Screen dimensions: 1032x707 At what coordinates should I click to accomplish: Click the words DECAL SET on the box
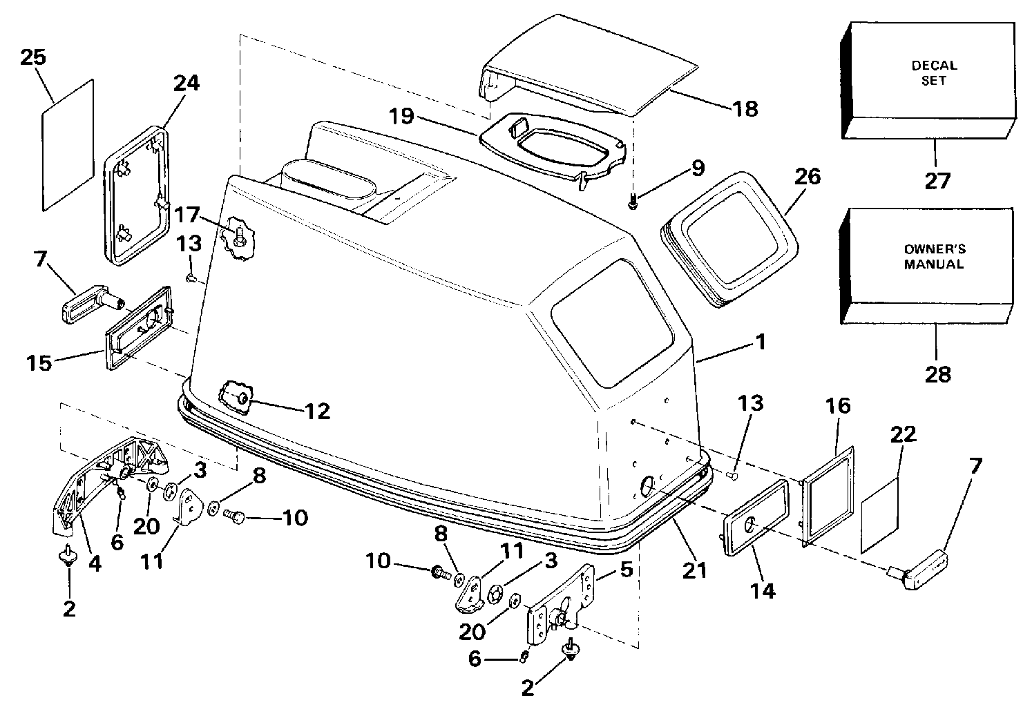(x=935, y=72)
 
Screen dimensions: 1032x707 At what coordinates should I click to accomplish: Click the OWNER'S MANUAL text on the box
(x=935, y=257)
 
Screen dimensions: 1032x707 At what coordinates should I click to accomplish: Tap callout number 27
(x=937, y=181)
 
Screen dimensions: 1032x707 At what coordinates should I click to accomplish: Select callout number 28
(x=937, y=374)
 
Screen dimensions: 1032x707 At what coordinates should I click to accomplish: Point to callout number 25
(x=33, y=57)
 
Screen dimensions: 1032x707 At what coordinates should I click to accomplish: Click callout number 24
(x=186, y=83)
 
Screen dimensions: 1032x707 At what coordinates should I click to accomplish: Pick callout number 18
(x=745, y=109)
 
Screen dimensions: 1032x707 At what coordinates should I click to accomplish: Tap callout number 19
(x=402, y=115)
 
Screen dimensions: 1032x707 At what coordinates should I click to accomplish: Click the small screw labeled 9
(x=633, y=202)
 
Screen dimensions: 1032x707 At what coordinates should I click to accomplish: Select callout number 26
(x=808, y=177)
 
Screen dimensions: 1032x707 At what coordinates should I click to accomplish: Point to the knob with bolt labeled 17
(x=238, y=239)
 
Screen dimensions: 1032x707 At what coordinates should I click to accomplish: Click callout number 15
(x=39, y=362)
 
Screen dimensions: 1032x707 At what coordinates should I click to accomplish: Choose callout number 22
(x=903, y=434)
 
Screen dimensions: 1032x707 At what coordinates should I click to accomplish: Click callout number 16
(x=838, y=406)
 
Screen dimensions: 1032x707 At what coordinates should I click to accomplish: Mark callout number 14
(x=763, y=590)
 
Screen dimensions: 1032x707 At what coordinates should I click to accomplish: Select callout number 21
(x=694, y=571)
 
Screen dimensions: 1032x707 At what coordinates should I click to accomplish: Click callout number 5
(x=626, y=570)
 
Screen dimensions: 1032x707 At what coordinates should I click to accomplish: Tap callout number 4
(x=95, y=564)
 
